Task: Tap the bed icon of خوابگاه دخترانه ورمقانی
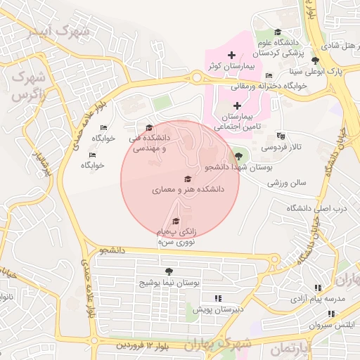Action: point(269,76)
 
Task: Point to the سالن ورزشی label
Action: point(287,183)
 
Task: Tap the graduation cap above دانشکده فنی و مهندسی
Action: point(148,127)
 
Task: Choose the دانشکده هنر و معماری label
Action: point(187,190)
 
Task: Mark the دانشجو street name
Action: point(112,250)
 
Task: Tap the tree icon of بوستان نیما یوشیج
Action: point(169,271)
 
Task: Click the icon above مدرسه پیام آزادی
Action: point(319,288)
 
